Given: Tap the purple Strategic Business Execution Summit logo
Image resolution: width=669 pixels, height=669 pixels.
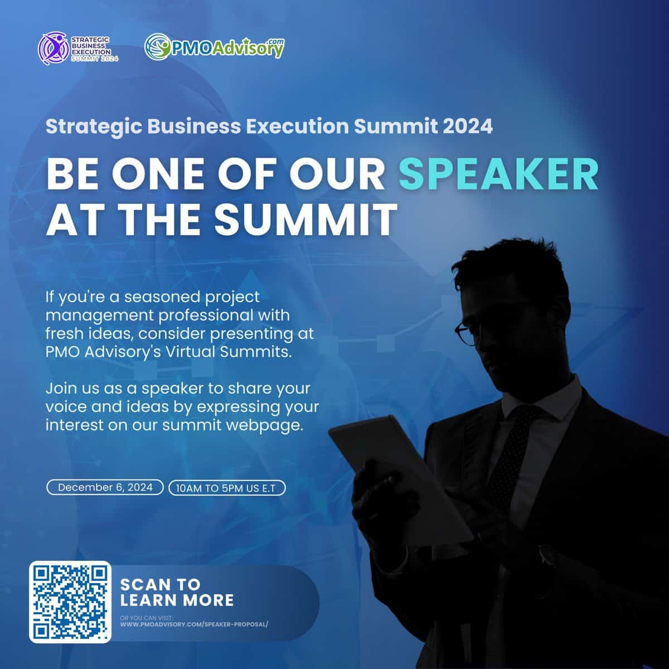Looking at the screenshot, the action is [x=78, y=49].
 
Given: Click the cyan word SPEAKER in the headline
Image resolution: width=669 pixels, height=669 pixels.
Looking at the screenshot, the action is [x=498, y=175].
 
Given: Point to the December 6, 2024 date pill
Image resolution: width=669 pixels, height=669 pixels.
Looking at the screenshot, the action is [x=105, y=487].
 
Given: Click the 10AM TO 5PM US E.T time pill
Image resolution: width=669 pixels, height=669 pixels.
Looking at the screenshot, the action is [x=227, y=488].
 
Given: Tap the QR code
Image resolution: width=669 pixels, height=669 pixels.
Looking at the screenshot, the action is [x=70, y=602].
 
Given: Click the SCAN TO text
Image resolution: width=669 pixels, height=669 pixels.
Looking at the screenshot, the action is [x=160, y=585].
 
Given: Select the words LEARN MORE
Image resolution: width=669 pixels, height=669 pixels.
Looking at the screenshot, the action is [x=177, y=601].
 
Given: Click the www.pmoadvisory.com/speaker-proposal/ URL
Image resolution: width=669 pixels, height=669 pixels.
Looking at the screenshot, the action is [x=194, y=624].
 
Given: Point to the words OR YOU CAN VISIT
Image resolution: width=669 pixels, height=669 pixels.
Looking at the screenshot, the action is [x=147, y=618].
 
